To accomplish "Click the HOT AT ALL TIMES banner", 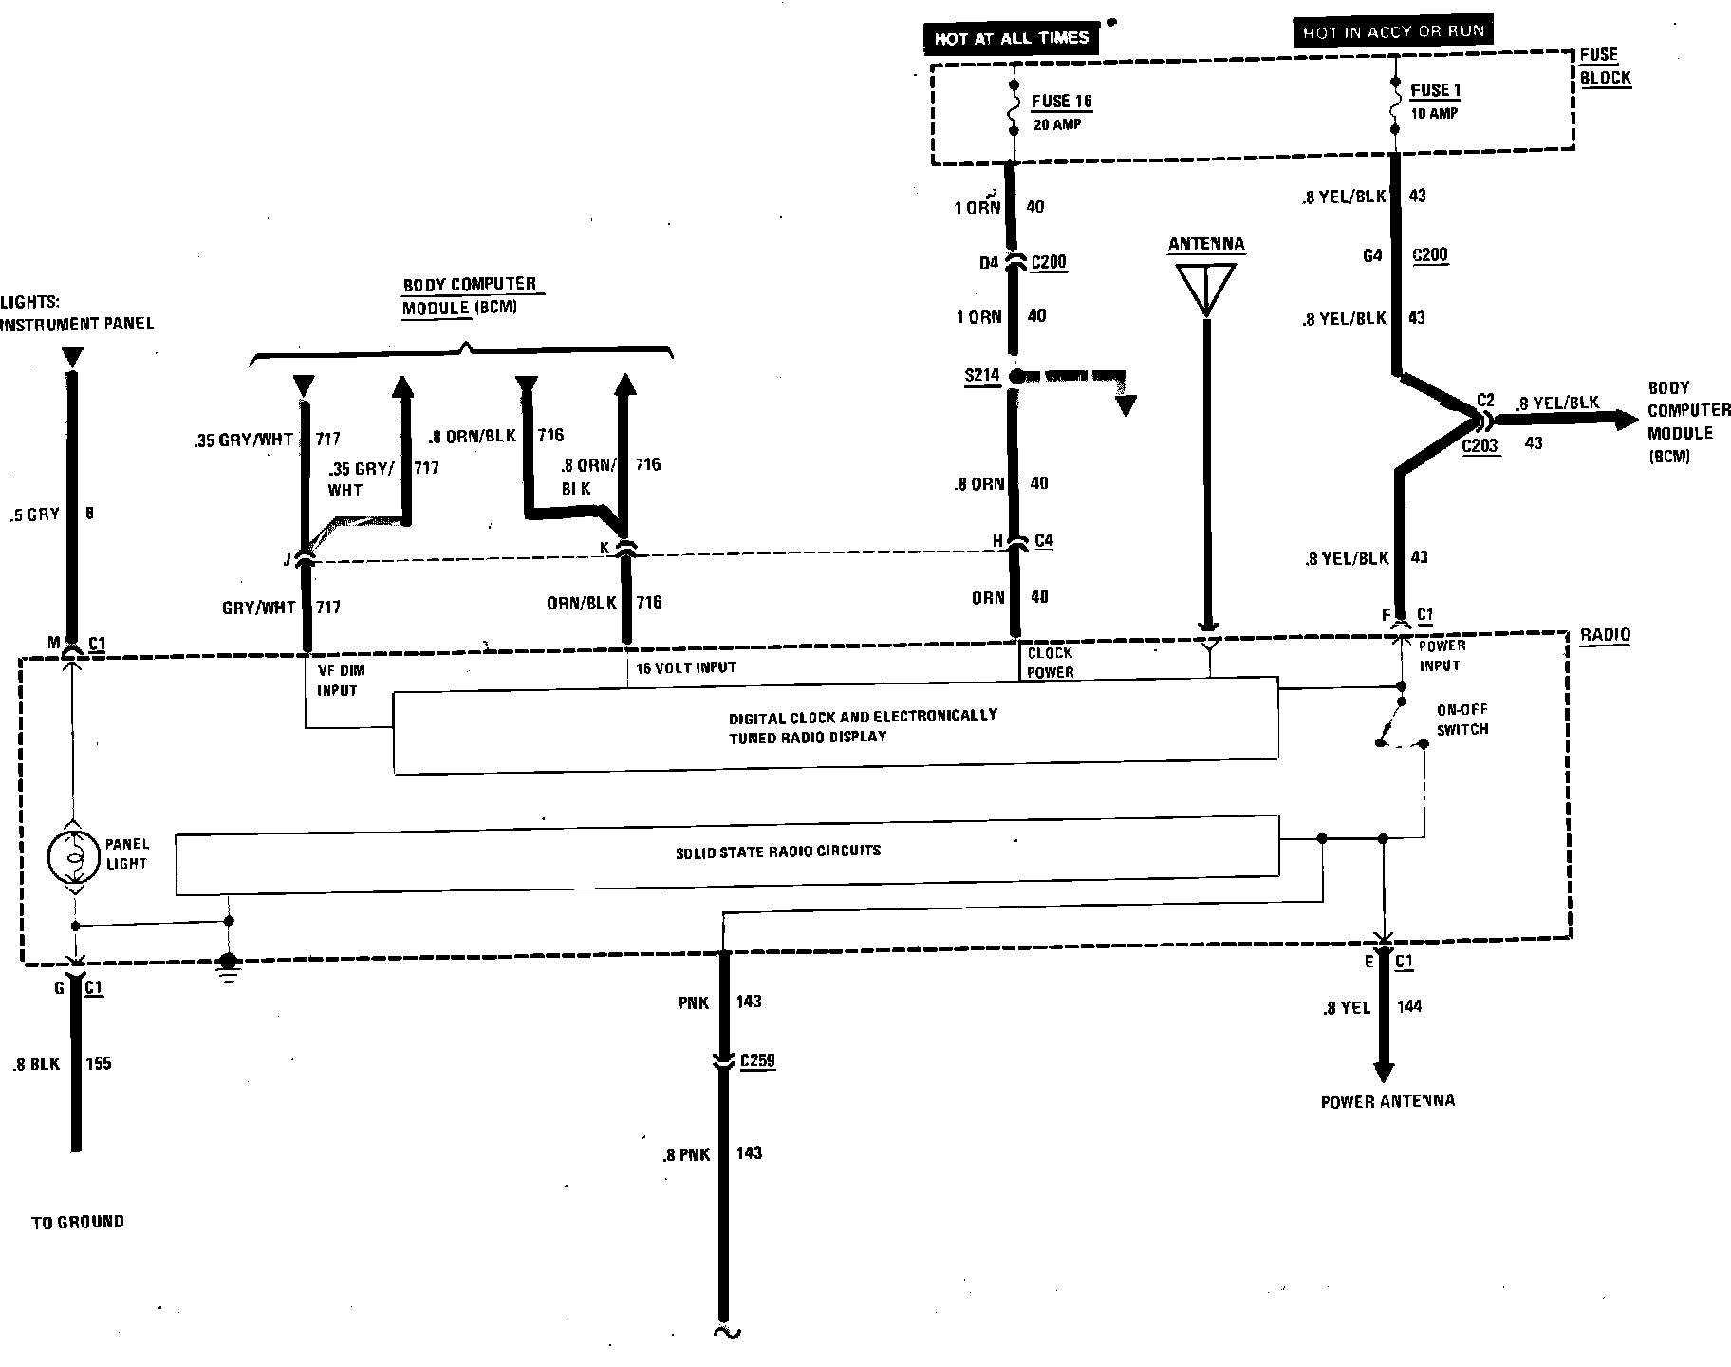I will [x=1011, y=39].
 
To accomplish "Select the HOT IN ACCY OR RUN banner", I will [x=1392, y=32].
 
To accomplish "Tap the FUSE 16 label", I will [x=1063, y=102].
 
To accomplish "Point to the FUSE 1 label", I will [x=1435, y=91].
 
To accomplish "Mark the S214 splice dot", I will [x=1016, y=376].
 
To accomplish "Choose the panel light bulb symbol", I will [x=73, y=855].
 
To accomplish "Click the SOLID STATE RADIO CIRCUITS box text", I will [x=777, y=852].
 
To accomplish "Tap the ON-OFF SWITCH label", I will [x=1462, y=720].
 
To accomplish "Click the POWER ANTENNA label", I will [x=1387, y=1101].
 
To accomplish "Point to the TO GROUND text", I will [x=78, y=1222].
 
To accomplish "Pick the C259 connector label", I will [x=757, y=1060].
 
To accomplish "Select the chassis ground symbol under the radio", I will [x=228, y=965].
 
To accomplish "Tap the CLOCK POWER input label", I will [x=1051, y=663].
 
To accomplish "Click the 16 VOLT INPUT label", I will [x=685, y=668].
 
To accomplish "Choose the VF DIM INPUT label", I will [x=341, y=680].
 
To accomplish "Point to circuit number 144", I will [x=1409, y=1007].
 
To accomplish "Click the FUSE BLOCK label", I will [x=1605, y=66].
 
